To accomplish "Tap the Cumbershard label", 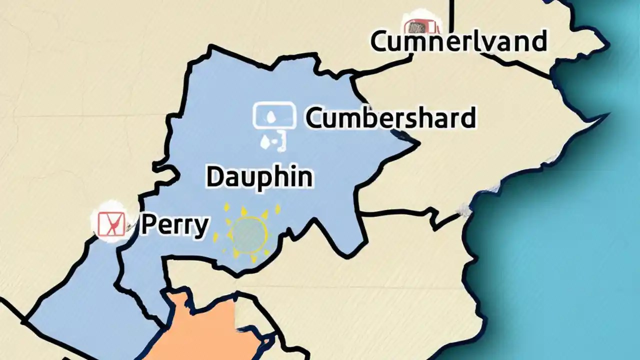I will tap(390, 118).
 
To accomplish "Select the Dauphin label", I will tap(259, 177).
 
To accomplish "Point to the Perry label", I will tap(174, 225).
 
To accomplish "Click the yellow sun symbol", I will tap(247, 233).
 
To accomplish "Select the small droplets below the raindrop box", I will tap(272, 142).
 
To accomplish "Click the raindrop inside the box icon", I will tap(270, 116).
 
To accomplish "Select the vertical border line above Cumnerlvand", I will tap(451, 15).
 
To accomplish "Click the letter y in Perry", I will tap(200, 228).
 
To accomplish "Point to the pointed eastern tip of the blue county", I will tap(417, 143).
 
